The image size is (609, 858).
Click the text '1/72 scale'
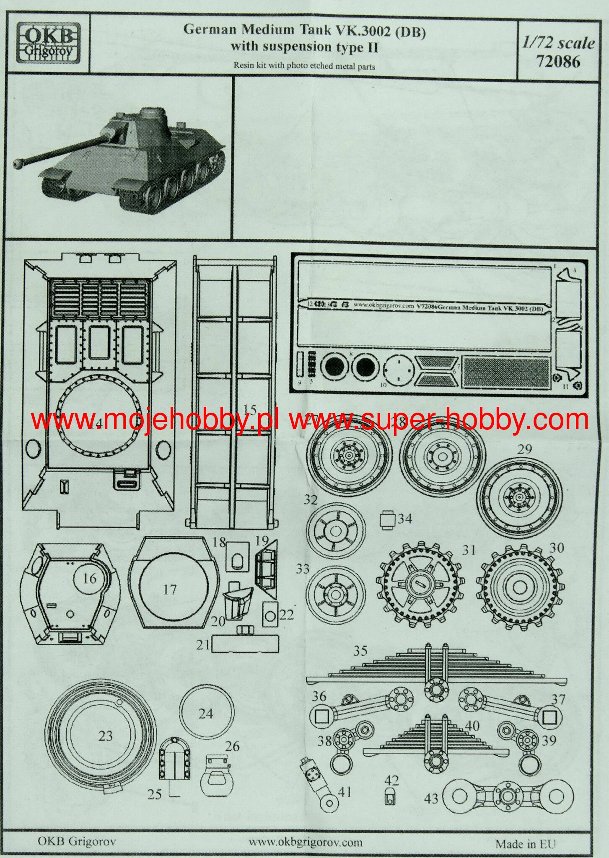point(558,44)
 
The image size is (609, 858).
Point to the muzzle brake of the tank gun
point(19,164)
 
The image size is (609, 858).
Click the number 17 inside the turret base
point(169,590)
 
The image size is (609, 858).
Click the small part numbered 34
point(388,519)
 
